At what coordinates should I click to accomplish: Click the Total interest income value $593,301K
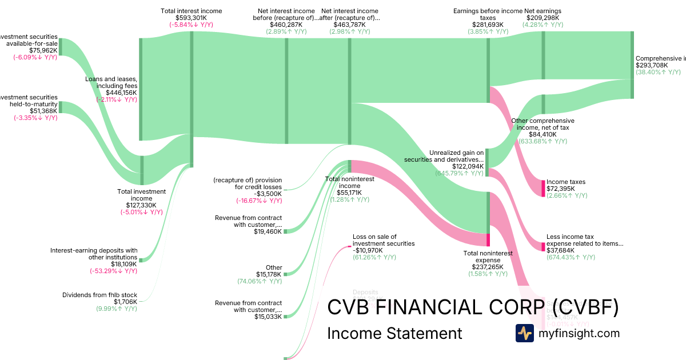pos(191,18)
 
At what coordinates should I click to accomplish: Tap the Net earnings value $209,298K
pos(543,18)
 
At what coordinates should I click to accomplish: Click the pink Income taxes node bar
pos(543,188)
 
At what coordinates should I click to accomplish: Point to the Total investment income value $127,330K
pos(142,205)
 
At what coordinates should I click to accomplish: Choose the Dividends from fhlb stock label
pos(99,295)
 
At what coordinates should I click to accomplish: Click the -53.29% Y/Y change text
pos(113,271)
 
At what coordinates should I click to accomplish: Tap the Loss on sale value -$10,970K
pos(367,250)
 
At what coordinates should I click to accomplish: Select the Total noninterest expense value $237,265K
pos(488,267)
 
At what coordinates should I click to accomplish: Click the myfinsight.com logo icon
pos(524,333)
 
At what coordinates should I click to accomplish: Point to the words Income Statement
pos(394,333)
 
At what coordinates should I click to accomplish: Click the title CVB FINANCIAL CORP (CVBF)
pos(473,307)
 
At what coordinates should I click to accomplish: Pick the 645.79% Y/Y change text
pos(460,173)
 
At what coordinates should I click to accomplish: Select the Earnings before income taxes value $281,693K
pos(488,25)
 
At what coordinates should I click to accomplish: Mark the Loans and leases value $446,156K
pos(121,93)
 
